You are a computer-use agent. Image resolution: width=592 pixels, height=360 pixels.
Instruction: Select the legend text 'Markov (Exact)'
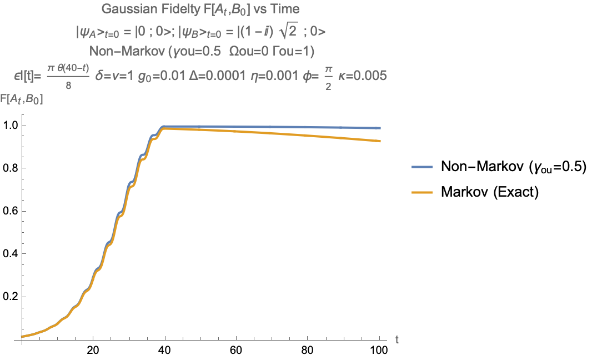490,192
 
